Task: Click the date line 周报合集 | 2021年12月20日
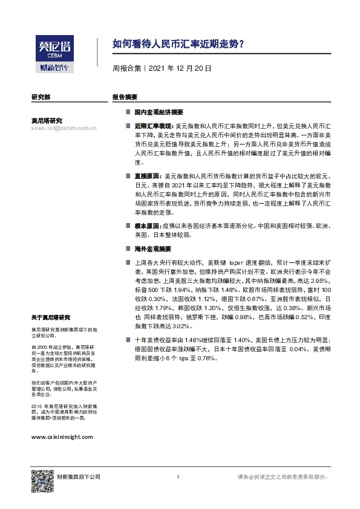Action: pos(162,68)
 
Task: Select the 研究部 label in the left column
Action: pos(41,97)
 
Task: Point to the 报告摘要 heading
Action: pos(124,97)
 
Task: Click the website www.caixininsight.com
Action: pos(61,436)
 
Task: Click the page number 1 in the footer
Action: pos(177,478)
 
